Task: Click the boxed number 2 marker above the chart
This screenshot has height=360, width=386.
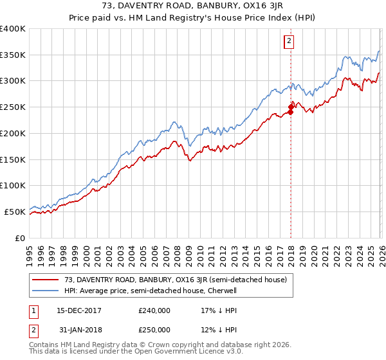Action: [x=289, y=42]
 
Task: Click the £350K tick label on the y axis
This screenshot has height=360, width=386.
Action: [x=12, y=55]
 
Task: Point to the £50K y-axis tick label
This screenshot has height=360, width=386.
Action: [x=15, y=212]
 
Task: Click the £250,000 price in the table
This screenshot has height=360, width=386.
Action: [x=154, y=330]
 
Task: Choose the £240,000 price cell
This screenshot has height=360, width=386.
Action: [x=154, y=310]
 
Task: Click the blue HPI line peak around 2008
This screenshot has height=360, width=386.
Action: [x=174, y=121]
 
